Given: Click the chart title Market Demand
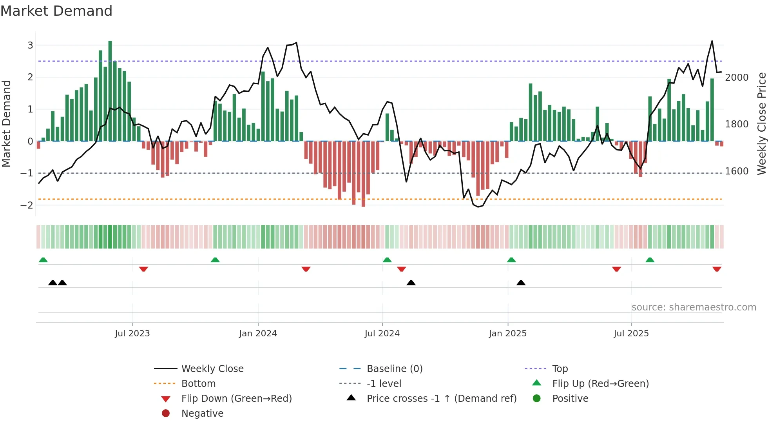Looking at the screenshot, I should (56, 11).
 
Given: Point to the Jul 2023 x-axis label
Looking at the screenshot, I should (132, 334).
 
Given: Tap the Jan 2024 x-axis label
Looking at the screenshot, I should (258, 334).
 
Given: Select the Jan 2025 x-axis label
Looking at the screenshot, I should (507, 334).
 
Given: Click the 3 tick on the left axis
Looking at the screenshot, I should (30, 45).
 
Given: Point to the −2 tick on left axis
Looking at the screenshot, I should (27, 205).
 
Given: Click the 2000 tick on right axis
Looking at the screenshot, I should (737, 78).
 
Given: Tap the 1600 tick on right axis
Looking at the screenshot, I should (737, 171).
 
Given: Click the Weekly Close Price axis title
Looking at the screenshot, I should (761, 123).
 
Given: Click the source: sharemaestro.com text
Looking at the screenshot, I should (694, 307).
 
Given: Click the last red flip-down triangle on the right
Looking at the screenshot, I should (717, 269).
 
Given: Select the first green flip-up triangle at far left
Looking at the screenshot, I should (43, 260).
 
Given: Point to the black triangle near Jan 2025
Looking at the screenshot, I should (521, 283).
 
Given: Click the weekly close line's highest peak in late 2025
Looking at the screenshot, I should (712, 42).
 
